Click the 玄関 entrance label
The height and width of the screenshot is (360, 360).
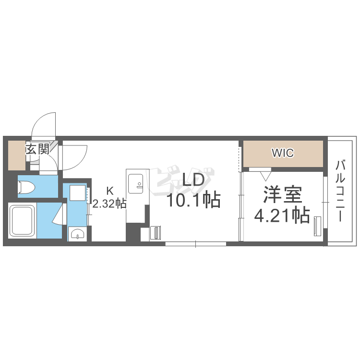pos(37,149)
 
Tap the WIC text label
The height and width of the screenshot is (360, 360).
pos(283,153)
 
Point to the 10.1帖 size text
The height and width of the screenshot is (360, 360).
pos(193,200)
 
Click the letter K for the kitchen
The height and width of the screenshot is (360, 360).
pos(110,191)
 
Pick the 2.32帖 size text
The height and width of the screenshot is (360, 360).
pos(109,203)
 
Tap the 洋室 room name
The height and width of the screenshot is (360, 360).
pos(282,194)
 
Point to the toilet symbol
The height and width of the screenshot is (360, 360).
pos(26,187)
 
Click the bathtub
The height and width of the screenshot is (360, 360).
pos(22,221)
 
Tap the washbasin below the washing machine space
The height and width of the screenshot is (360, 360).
pos(78,234)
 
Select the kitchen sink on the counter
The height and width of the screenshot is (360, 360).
pos(136,184)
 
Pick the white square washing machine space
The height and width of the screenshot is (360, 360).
pos(78,193)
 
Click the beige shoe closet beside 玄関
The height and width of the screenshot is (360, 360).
pos(17,156)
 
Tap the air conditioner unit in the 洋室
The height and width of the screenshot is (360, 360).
pos(318,226)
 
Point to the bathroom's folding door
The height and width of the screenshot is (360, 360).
pos(59,214)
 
